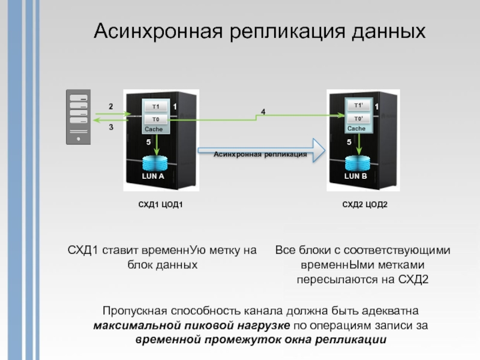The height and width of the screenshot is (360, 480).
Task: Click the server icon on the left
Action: point(77,117)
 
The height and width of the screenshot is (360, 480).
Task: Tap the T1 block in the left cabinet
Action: point(156,106)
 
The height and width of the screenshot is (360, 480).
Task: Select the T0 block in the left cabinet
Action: point(156,119)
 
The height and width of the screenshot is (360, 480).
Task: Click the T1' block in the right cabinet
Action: point(358,106)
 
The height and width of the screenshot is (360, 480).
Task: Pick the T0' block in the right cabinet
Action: point(358,119)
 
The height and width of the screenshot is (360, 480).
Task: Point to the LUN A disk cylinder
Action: point(153,165)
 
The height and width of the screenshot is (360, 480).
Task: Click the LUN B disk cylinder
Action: point(355,165)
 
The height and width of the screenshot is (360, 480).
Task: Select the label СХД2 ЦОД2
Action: point(365,205)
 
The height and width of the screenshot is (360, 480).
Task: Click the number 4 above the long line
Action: point(262,112)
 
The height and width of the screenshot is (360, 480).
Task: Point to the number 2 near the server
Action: point(110,106)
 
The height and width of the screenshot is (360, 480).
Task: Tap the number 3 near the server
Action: point(110,127)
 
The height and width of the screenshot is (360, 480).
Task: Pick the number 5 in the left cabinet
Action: point(148,142)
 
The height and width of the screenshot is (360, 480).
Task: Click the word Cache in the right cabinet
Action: point(356,129)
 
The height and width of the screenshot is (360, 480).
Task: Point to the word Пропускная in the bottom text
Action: point(133,312)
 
